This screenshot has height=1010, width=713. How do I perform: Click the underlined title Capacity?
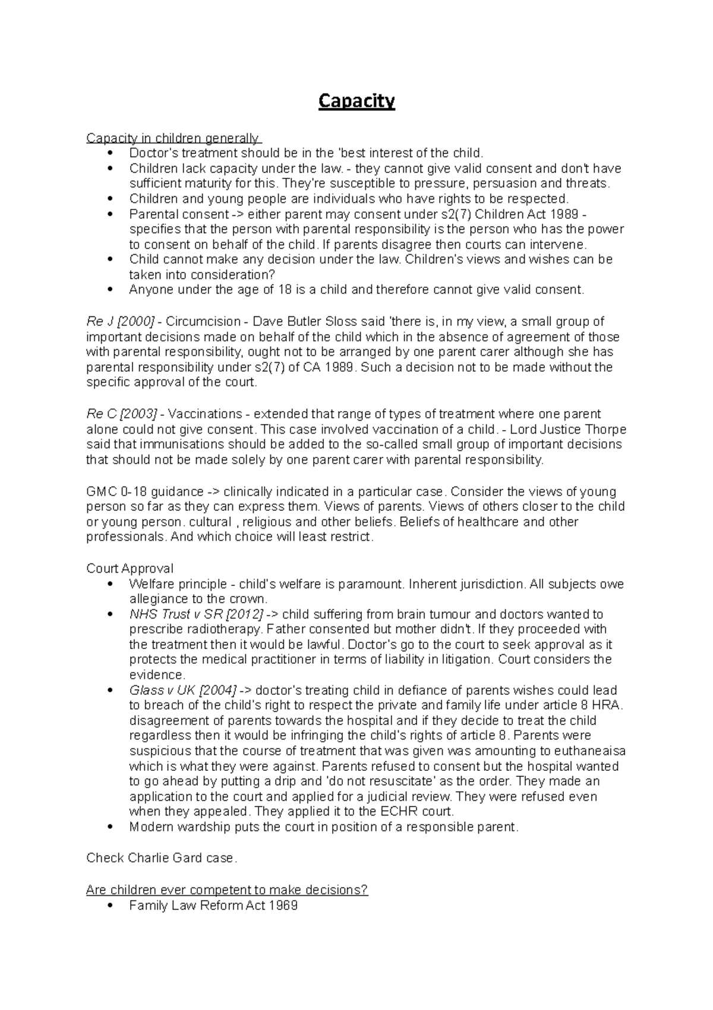[356, 102]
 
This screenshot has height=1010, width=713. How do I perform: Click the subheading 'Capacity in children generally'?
[172, 139]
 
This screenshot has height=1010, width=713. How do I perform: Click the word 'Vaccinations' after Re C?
[206, 414]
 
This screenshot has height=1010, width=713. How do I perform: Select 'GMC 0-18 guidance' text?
[144, 492]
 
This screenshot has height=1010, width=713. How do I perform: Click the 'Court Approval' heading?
[130, 569]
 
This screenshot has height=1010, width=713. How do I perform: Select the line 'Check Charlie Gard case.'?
[162, 858]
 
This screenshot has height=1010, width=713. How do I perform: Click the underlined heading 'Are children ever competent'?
[227, 890]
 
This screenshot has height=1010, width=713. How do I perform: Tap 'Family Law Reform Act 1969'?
[213, 906]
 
